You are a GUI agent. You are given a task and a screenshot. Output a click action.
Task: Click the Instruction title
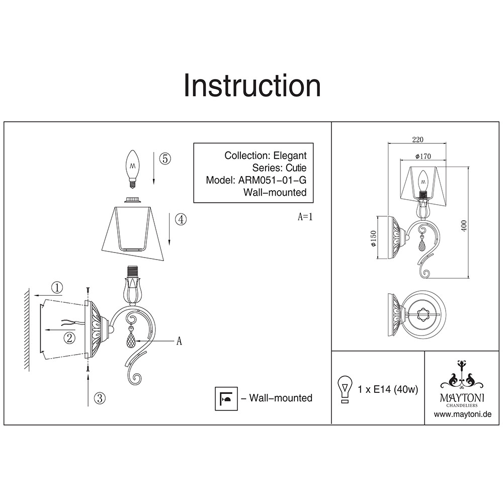(252, 86)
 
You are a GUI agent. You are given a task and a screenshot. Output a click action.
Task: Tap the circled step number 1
(58, 288)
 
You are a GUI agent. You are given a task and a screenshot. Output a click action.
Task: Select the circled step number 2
(70, 338)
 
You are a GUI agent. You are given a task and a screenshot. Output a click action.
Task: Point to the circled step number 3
(100, 398)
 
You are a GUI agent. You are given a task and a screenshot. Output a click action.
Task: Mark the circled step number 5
(165, 158)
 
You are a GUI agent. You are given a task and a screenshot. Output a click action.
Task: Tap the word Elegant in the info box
(289, 156)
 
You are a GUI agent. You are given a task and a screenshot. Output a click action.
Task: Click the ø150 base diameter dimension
(373, 238)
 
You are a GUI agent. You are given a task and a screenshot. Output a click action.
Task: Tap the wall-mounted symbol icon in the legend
(225, 398)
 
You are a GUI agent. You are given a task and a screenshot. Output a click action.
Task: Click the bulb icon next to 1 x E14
(345, 389)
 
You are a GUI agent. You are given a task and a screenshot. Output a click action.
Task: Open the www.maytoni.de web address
(462, 414)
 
